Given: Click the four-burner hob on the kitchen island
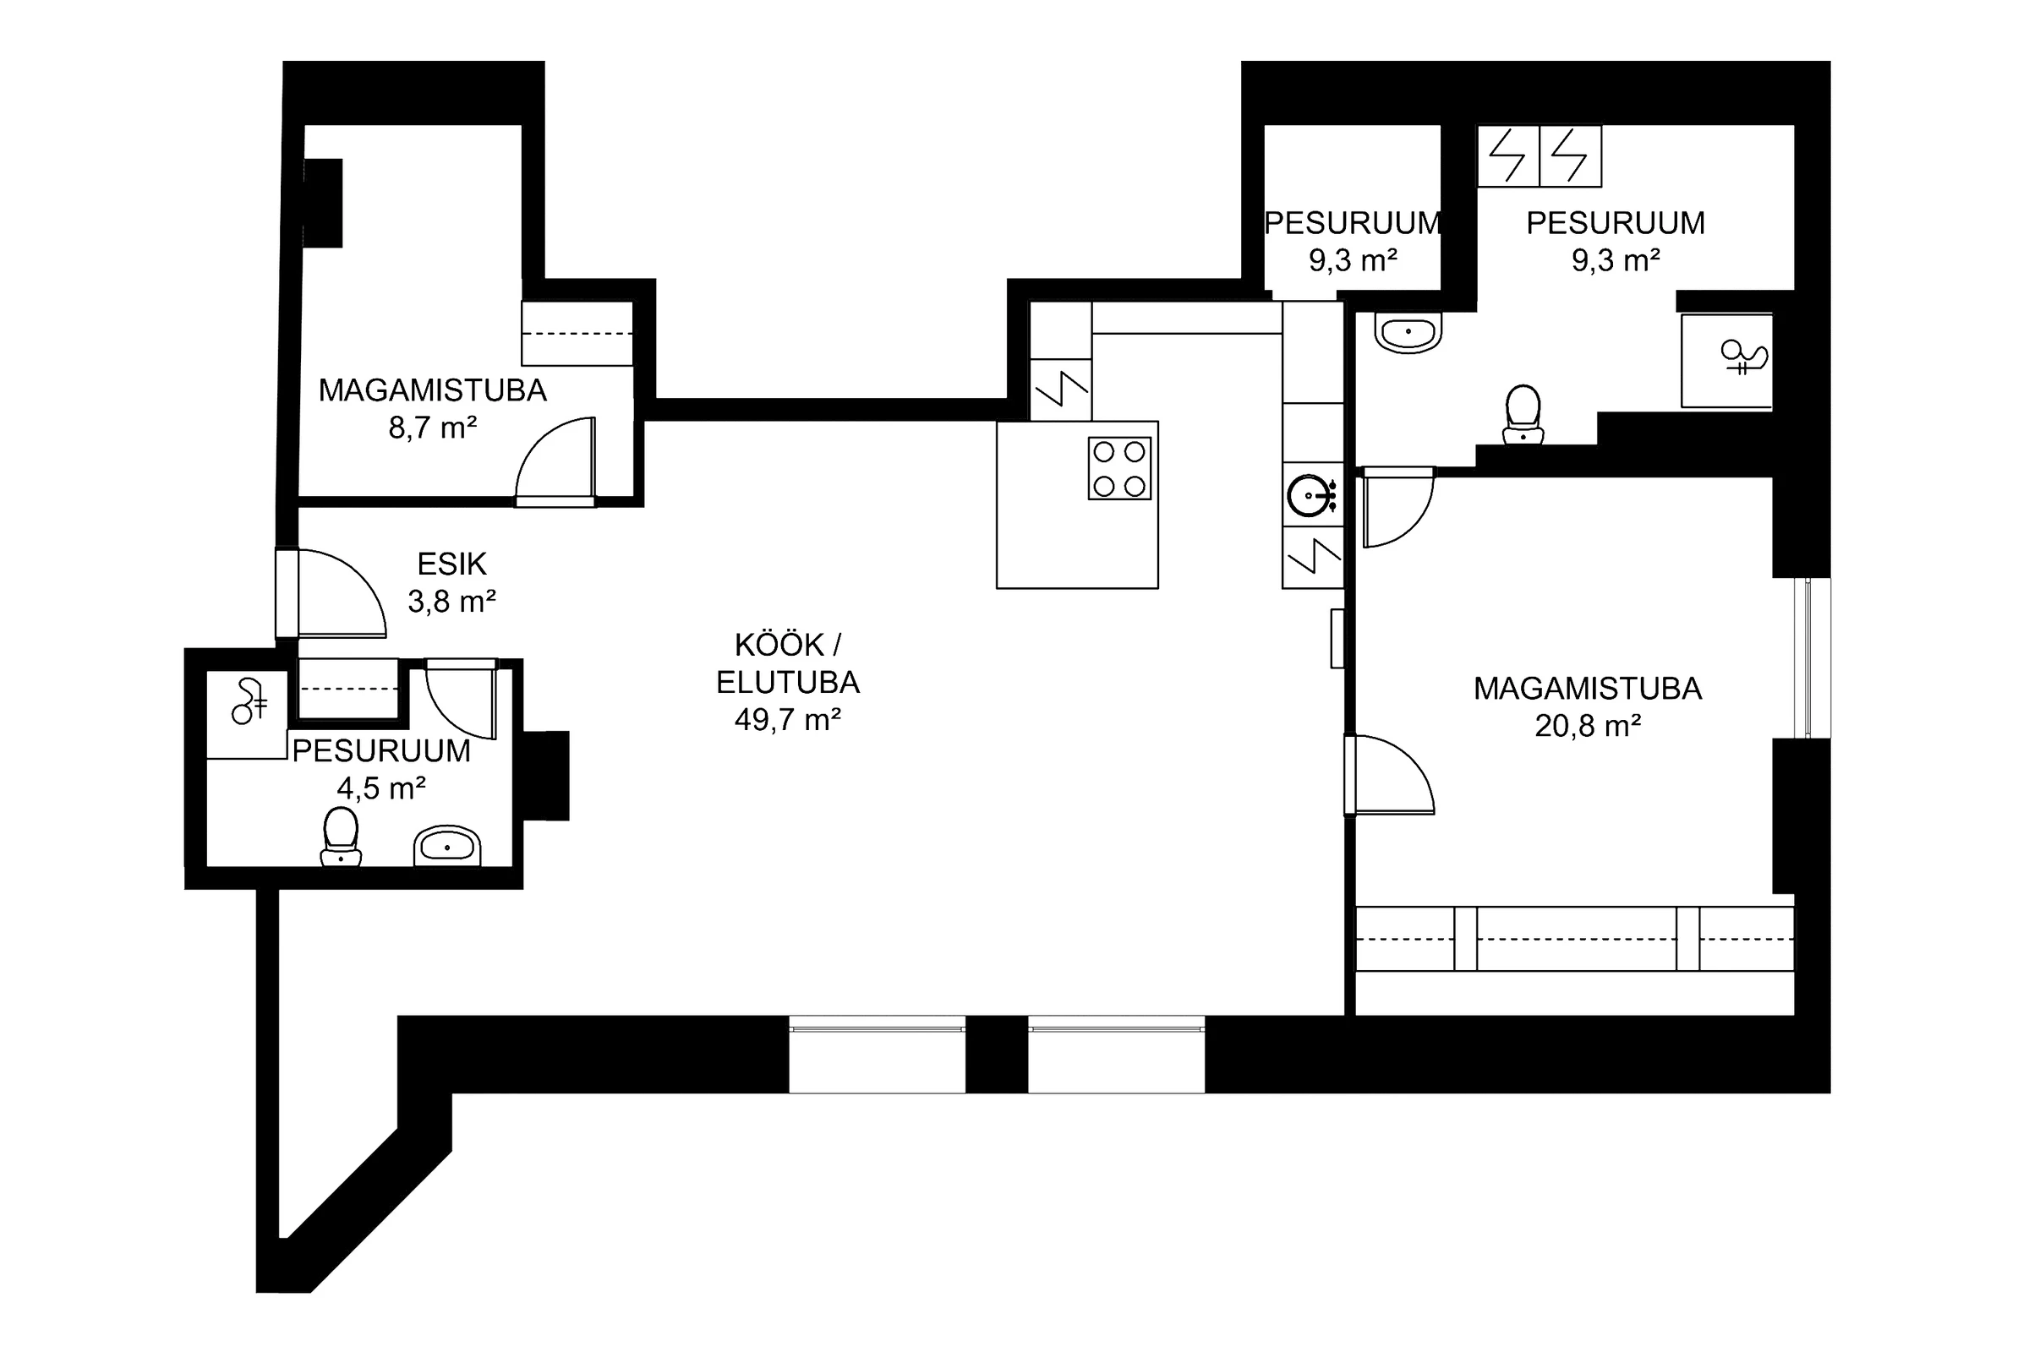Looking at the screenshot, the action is click(1118, 468).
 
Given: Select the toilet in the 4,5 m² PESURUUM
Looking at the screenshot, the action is click(341, 837).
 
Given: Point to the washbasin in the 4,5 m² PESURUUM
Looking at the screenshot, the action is click(447, 847).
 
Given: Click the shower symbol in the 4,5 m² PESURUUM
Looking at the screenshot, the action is click(248, 701).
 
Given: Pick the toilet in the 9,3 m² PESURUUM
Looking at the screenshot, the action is click(1523, 414).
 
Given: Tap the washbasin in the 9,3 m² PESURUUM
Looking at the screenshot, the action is click(1408, 332).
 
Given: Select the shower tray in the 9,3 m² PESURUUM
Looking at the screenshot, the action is click(1726, 361).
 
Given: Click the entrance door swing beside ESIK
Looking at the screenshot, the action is click(331, 593).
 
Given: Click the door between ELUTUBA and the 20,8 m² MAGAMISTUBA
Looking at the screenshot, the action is click(1389, 774).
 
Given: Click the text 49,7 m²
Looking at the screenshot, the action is click(788, 720).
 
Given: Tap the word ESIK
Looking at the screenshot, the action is click(452, 564).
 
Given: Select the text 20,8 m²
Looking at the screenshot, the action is click(1588, 726).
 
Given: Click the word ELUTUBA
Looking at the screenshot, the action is click(788, 682).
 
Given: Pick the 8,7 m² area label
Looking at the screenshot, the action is click(433, 428).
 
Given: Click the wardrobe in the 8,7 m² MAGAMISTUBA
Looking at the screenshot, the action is click(577, 333).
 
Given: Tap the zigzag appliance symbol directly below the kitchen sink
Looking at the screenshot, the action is click(1313, 557).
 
